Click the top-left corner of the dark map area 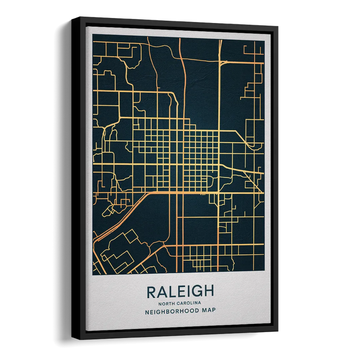click(93, 40)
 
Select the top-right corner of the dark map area click(264, 38)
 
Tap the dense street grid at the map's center click(180, 153)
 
